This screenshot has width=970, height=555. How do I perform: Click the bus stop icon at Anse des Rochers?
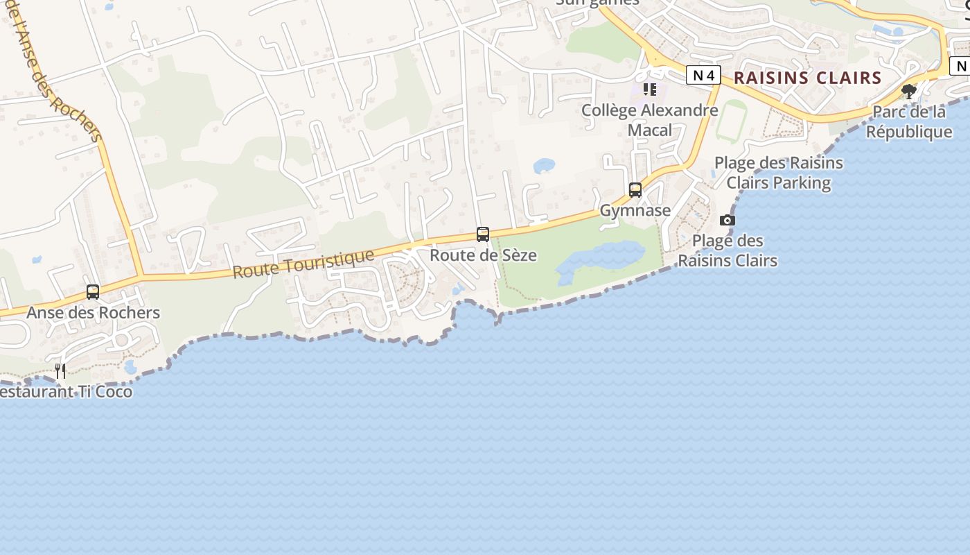(x=93, y=292)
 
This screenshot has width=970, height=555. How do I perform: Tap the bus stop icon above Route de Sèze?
(x=483, y=234)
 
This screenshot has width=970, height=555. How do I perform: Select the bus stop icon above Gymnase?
(x=635, y=189)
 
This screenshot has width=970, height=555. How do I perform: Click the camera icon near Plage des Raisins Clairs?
(x=727, y=220)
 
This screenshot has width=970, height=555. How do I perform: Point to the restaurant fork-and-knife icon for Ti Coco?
(x=60, y=370)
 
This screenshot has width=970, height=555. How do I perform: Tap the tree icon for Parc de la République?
(x=909, y=91)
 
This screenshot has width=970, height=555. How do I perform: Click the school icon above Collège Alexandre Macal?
(x=649, y=89)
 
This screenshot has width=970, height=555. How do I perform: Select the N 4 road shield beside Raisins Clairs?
(x=703, y=75)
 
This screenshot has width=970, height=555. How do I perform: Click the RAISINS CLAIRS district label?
(x=807, y=78)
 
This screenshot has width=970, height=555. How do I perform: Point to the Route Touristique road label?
(x=303, y=264)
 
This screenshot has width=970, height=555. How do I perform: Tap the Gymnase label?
(x=635, y=210)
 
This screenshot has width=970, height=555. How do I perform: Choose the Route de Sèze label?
(x=483, y=255)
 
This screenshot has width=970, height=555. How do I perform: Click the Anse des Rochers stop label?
(x=93, y=313)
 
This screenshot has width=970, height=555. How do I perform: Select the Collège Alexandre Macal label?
(x=649, y=120)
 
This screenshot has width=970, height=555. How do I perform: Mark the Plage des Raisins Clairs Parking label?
(x=779, y=173)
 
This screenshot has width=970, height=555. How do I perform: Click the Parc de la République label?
(x=909, y=121)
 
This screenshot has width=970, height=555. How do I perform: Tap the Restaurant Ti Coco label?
(x=66, y=391)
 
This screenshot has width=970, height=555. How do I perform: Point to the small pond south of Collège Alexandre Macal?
(x=544, y=166)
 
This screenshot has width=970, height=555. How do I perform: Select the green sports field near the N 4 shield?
(x=731, y=121)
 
